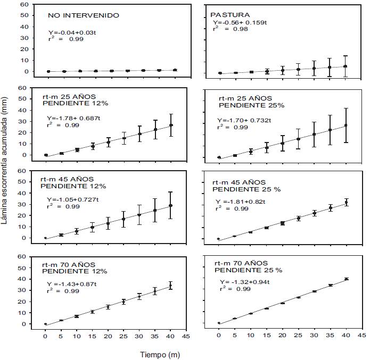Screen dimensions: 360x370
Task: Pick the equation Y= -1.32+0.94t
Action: tap(245, 282)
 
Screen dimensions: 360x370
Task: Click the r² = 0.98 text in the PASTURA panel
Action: tap(227, 29)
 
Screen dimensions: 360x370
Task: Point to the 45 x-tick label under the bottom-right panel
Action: tap(361, 336)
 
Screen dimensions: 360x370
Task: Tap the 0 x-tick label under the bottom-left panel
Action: tap(45, 336)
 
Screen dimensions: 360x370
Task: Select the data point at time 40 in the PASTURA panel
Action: tap(345, 66)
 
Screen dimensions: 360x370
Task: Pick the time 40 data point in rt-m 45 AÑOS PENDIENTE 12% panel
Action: tap(171, 205)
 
